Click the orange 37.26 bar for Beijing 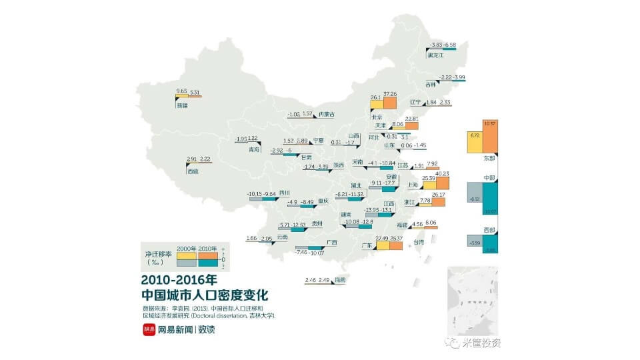tap(390, 103)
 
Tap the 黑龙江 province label tap(435, 55)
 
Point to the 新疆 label tap(181, 105)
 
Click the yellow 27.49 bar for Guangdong tap(383, 245)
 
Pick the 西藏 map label tap(193, 171)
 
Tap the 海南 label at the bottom tap(340, 280)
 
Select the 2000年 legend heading tap(186, 249)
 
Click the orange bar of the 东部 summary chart tap(490, 138)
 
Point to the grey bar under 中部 tap(474, 199)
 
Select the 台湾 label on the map tap(419, 242)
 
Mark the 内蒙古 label tap(325, 114)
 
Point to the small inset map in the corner tap(473, 301)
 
